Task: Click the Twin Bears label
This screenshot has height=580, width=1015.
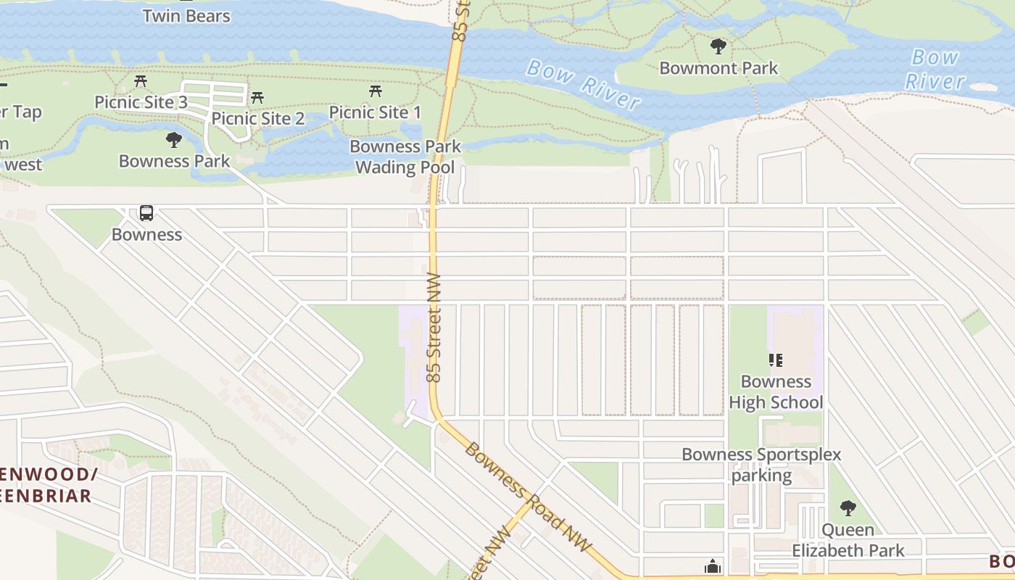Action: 186,16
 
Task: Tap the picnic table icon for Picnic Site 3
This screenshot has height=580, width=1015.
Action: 141,81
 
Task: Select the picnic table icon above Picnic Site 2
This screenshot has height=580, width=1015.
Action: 257,98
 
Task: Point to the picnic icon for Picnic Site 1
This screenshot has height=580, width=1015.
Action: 375,91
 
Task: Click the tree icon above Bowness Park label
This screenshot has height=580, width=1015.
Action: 173,140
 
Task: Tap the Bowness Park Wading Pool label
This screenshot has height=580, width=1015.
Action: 405,157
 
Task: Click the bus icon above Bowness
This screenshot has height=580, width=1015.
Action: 146,213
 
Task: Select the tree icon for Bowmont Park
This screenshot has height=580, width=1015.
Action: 718,47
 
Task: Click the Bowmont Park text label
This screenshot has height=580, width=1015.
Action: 718,68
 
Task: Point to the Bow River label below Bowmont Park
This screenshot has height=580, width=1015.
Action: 584,84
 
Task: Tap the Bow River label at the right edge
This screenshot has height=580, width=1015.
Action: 935,69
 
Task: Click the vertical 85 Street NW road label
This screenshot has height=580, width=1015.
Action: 434,328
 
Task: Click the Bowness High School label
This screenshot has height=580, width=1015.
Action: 776,391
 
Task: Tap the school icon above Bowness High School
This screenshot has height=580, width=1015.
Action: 775,360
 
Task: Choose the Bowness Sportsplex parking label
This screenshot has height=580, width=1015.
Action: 761,465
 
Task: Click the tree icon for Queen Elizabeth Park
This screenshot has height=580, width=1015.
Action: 848,508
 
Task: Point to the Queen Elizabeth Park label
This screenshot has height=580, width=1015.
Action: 848,540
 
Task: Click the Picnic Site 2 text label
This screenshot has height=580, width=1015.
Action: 257,118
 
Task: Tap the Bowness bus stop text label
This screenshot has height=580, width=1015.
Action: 146,234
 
